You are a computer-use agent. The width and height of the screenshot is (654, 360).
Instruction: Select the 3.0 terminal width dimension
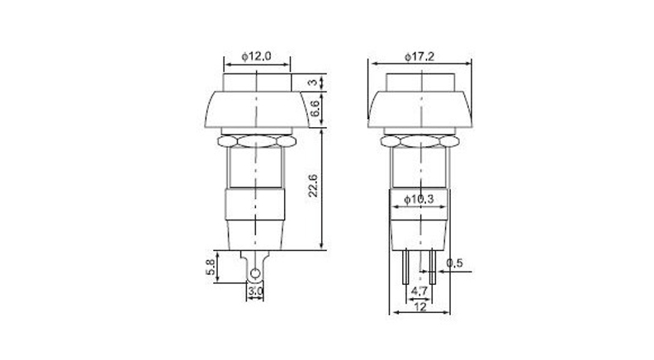tap(256, 291)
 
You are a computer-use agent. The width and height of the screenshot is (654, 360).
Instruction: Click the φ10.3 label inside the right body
tap(421, 198)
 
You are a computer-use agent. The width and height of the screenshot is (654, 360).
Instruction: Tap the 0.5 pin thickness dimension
tap(453, 263)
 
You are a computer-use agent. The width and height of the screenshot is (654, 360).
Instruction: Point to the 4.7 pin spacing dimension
tap(420, 291)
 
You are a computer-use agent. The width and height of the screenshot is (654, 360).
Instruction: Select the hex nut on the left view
tap(256, 141)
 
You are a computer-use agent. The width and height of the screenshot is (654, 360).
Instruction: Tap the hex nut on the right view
tap(420, 141)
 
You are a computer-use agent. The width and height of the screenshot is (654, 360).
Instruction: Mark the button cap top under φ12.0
tap(256, 82)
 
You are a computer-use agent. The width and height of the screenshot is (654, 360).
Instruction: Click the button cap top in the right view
tap(420, 82)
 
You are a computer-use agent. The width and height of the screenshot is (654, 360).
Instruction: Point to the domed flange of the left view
tap(256, 109)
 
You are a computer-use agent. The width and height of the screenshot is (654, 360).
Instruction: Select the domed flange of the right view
tap(420, 109)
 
